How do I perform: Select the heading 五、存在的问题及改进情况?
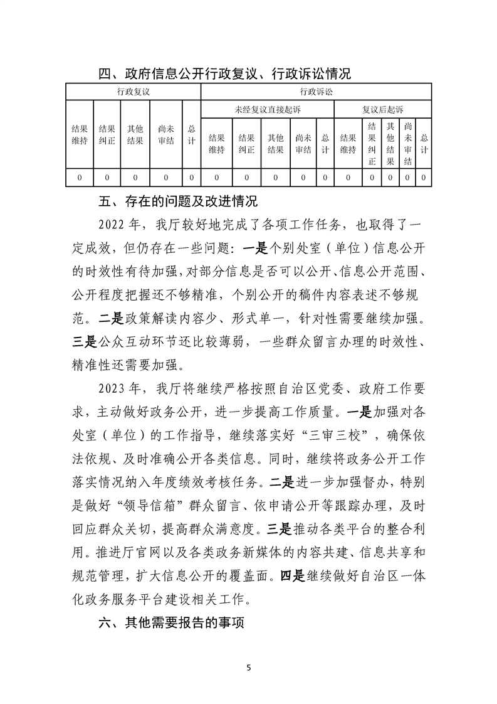click(178, 202)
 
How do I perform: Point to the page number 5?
click(249, 667)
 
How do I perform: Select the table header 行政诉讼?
click(316, 92)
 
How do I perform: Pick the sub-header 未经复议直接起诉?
click(268, 110)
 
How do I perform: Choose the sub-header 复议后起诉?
click(382, 110)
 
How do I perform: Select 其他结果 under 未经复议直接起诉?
click(276, 144)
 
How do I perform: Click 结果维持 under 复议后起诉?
click(348, 144)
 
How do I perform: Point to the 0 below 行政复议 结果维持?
click(80, 178)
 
